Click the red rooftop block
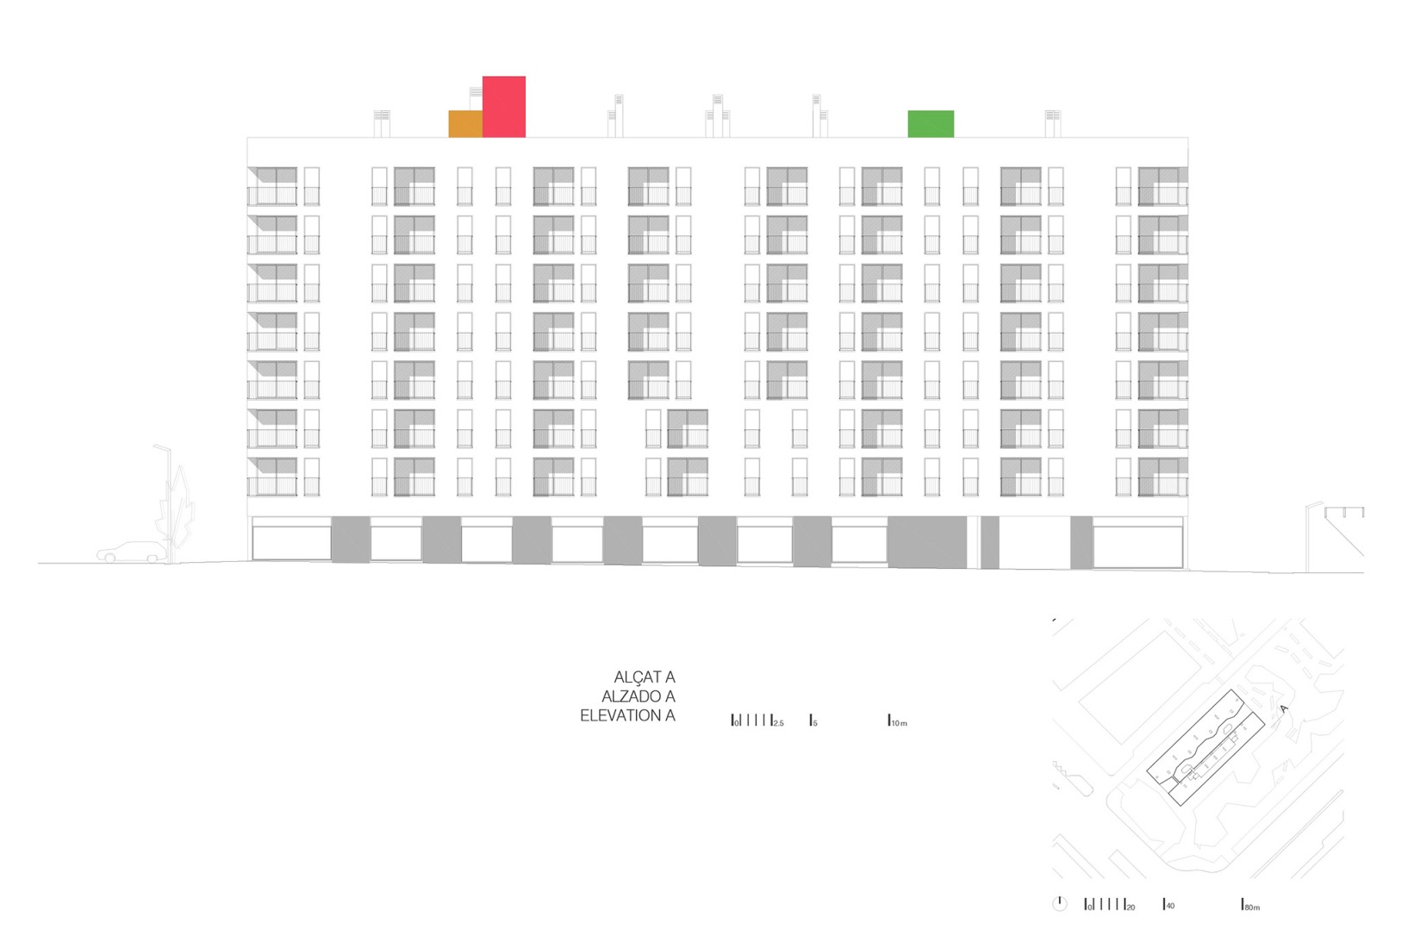(504, 106)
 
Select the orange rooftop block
(465, 123)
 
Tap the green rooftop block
(931, 123)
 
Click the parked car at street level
(132, 552)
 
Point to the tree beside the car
(179, 513)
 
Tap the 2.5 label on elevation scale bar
(778, 723)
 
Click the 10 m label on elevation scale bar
(899, 723)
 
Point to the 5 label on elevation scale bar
(814, 723)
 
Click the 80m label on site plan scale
(1252, 907)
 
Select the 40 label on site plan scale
(1169, 907)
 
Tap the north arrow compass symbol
(1060, 903)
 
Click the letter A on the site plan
(1283, 710)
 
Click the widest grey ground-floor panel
(927, 542)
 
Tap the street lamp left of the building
(165, 500)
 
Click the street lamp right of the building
(1310, 534)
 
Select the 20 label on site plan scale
(1130, 907)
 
